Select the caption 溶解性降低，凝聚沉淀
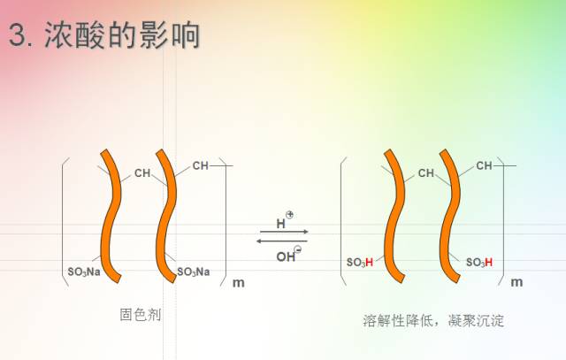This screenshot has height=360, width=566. [x=433, y=318]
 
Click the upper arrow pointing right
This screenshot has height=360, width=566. [x=283, y=232]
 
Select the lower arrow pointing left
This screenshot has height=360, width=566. [x=283, y=241]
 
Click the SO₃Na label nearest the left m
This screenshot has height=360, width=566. [x=193, y=271]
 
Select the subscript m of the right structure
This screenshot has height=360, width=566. [x=516, y=282]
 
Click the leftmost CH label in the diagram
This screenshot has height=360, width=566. [x=142, y=173]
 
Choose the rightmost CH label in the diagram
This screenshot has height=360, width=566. [x=484, y=165]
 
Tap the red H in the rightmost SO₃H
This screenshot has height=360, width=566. [x=488, y=263]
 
